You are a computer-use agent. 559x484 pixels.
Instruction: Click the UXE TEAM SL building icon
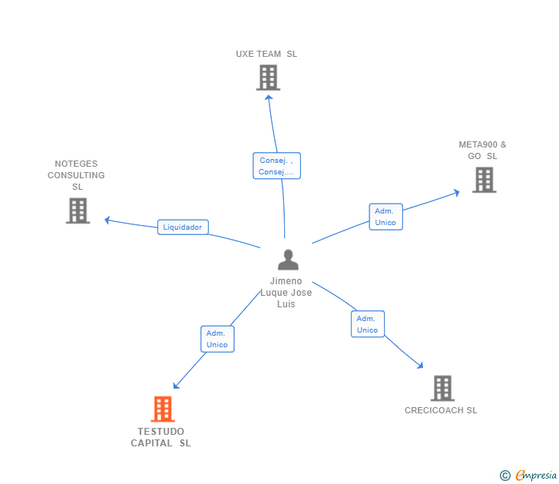(268, 78)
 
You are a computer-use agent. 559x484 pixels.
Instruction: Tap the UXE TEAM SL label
(266, 55)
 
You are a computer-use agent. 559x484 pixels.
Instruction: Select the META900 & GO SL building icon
(484, 180)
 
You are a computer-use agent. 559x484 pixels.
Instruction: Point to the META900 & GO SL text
(482, 150)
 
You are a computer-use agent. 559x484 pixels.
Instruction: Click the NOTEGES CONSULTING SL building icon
(78, 211)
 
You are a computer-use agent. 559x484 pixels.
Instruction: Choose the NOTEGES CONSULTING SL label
(77, 175)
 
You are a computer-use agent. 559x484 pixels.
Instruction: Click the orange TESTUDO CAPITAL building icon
(163, 409)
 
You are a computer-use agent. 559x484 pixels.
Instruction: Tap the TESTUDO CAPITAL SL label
(161, 437)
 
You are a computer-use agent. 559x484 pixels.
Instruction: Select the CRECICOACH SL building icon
(442, 389)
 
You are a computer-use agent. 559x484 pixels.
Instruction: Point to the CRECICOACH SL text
(441, 410)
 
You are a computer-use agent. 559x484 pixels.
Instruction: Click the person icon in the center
(288, 260)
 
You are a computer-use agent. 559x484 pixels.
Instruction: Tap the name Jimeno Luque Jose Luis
(286, 293)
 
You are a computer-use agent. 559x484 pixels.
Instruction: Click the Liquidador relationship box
(183, 227)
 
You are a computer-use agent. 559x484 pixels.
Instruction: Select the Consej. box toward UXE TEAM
(276, 166)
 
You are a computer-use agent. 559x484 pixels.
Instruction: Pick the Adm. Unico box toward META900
(385, 217)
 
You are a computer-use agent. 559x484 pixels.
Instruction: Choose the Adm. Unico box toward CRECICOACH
(367, 324)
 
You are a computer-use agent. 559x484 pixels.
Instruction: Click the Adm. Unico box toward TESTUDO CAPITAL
(217, 339)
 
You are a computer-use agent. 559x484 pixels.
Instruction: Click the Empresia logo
(536, 476)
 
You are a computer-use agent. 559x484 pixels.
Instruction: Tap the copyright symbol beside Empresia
(504, 476)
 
